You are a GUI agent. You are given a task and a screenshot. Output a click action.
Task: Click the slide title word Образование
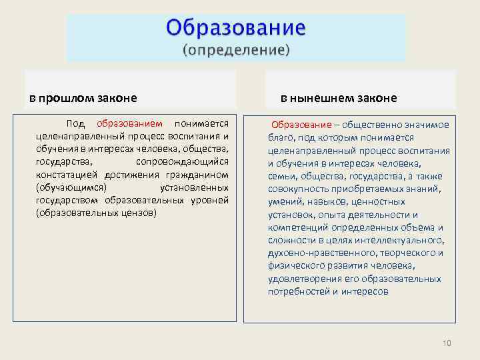click(x=236, y=28)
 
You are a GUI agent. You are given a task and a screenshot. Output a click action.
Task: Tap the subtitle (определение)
click(x=236, y=49)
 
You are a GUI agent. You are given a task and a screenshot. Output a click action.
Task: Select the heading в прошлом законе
click(x=83, y=98)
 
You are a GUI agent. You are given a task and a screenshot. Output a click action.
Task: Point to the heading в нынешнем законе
click(x=338, y=98)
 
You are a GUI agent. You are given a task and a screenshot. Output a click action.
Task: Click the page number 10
click(x=447, y=343)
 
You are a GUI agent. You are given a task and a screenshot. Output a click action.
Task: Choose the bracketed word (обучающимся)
click(x=71, y=187)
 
